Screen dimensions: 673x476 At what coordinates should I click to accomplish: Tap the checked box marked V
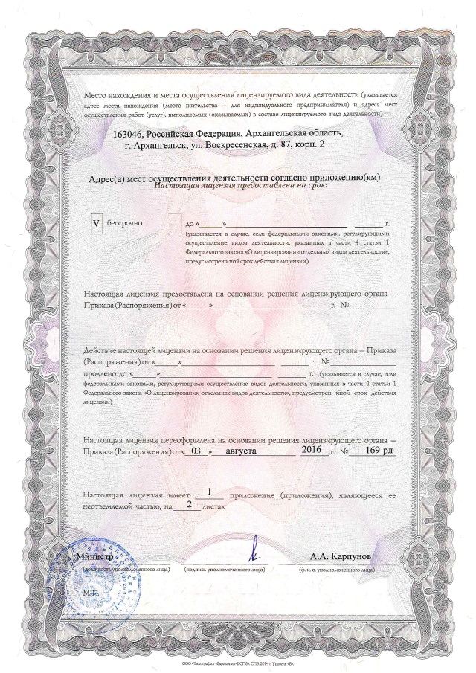coord(95,222)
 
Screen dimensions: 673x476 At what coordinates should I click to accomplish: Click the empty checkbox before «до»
coord(176,222)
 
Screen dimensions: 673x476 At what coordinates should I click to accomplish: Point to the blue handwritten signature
coord(254,550)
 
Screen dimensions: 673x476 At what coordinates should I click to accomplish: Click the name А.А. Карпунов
coord(341,556)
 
